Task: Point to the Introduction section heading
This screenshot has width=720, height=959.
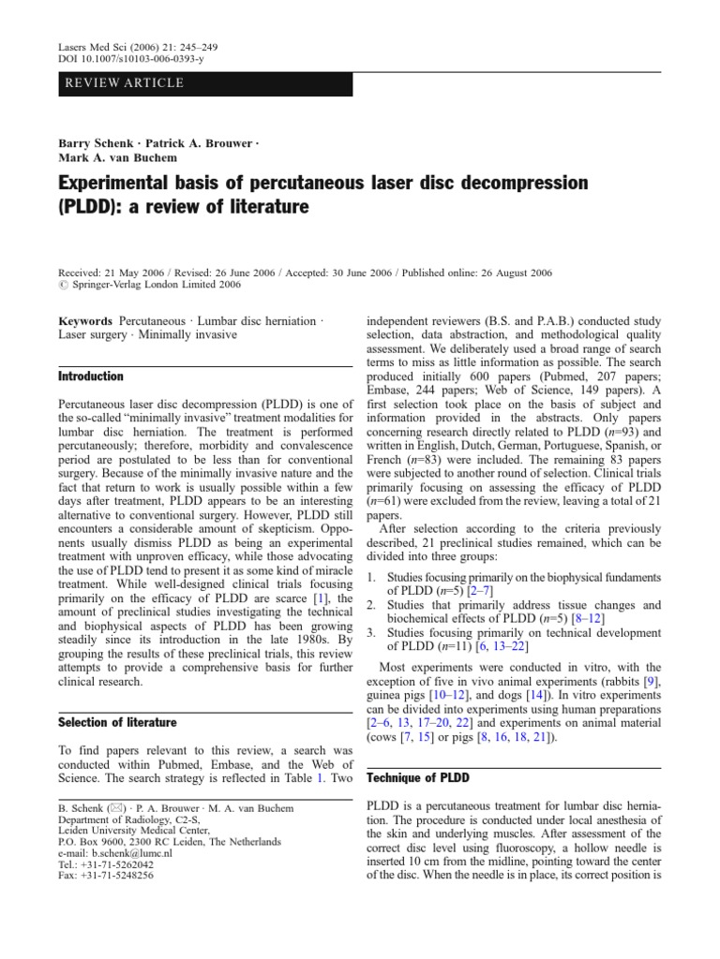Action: click(91, 376)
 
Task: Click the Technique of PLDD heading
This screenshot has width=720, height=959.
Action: click(417, 778)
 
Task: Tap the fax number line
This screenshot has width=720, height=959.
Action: click(105, 876)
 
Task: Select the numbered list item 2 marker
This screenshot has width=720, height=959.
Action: click(371, 605)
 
